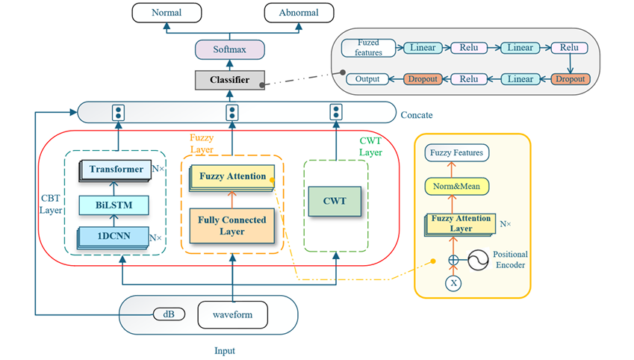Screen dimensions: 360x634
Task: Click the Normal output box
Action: point(166,13)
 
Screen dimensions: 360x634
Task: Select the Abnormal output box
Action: point(298,13)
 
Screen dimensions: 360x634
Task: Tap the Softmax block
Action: point(230,50)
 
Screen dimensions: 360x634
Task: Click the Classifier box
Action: point(230,79)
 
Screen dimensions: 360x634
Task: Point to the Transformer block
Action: point(116,170)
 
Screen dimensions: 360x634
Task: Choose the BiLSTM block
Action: point(114,204)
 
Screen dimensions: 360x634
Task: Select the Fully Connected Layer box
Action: point(232,226)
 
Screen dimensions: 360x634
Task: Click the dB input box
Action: point(169,314)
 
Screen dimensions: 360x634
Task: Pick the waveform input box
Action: point(232,314)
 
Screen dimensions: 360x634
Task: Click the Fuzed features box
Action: point(369,49)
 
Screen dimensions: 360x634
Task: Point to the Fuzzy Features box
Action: point(457,153)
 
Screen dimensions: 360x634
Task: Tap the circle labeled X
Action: point(453,283)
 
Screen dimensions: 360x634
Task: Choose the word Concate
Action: point(417,115)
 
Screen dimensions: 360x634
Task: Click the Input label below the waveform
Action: point(225,350)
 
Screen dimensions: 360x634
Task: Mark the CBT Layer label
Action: point(51,205)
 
